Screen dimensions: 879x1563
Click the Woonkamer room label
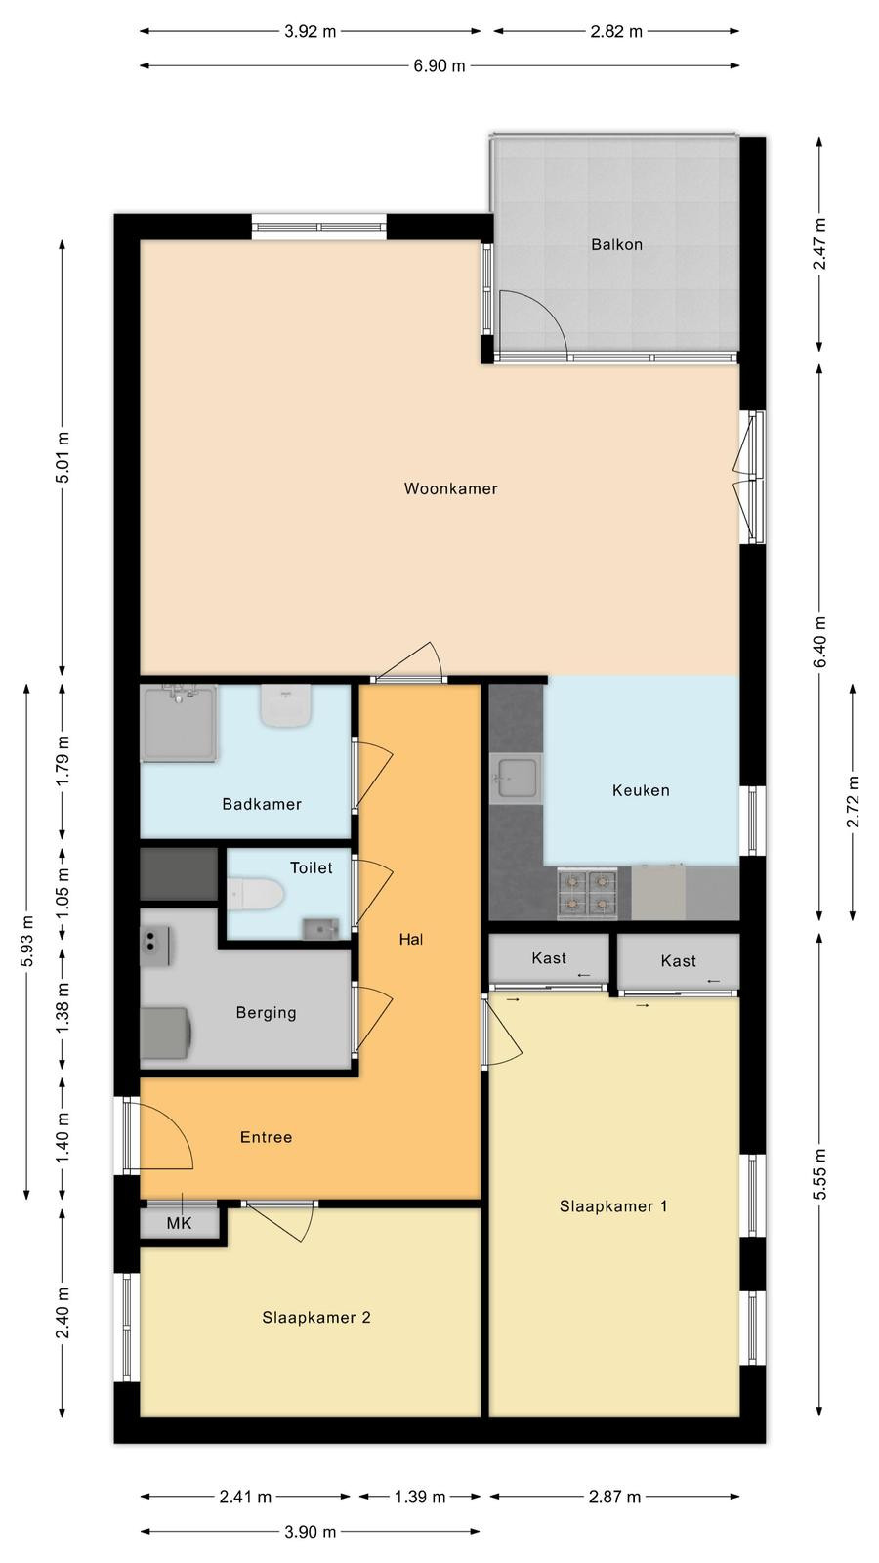450,488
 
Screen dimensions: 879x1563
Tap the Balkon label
616,244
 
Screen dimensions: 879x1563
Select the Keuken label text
641,790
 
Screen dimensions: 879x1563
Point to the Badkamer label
262,804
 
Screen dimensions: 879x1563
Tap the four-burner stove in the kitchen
587,893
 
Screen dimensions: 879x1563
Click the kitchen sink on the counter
516,778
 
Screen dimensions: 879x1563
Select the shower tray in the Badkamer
179,723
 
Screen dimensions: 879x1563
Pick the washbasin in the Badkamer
285,705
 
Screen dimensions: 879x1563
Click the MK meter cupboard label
179,1223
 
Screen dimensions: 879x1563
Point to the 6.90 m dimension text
439,66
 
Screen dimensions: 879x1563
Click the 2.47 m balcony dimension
819,243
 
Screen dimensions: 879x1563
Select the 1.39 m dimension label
420,1497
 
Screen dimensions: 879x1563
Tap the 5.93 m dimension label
27,942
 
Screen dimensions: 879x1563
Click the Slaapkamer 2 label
316,1318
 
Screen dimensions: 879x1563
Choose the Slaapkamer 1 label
613,1206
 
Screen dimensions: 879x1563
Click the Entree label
266,1137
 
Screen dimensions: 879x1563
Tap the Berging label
266,1012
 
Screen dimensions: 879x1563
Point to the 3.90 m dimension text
311,1532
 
